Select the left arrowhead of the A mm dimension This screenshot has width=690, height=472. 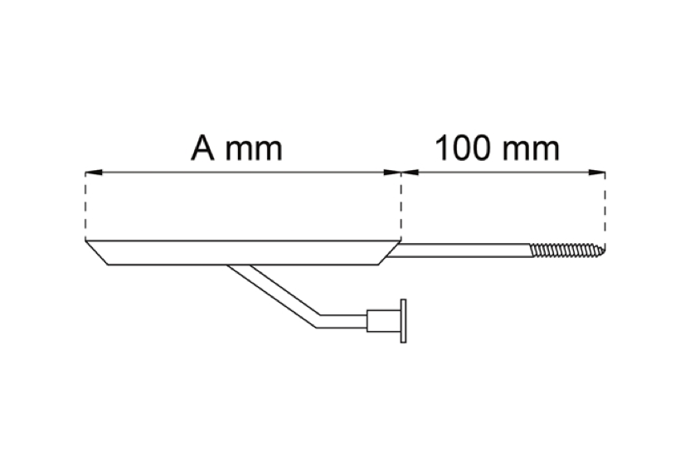tap(94, 173)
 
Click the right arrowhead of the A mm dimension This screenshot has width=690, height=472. tap(392, 173)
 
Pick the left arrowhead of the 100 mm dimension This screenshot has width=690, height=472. tap(410, 173)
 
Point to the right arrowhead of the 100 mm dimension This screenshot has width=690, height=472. tap(596, 173)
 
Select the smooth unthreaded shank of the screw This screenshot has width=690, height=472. tap(459, 250)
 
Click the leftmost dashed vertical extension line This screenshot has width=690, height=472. tap(85, 207)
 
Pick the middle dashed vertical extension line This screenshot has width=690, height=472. tap(401, 207)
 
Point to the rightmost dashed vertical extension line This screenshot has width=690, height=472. tap(605, 209)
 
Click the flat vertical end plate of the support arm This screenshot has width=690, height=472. tap(403, 320)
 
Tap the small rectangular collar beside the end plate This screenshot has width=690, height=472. tap(376, 320)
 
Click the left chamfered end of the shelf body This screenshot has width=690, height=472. tap(97, 253)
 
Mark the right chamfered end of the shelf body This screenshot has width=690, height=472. tap(390, 253)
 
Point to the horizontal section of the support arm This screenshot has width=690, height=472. tap(343, 321)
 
